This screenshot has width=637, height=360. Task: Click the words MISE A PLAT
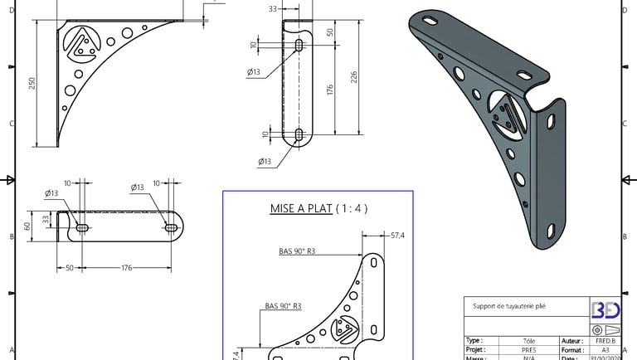coord(300,208)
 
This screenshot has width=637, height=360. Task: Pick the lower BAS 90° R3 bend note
coord(283,306)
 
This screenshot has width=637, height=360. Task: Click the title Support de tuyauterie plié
coord(509,305)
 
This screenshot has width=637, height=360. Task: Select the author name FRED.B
coord(605,341)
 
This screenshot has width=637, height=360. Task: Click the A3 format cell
coord(605,351)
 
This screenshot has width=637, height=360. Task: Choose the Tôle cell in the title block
coord(528,341)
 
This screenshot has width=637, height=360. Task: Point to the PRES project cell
coord(528,351)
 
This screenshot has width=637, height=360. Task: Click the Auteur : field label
coord(571,341)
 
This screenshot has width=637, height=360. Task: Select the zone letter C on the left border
coord(10,124)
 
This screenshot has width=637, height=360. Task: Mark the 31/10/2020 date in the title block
coord(605,358)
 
